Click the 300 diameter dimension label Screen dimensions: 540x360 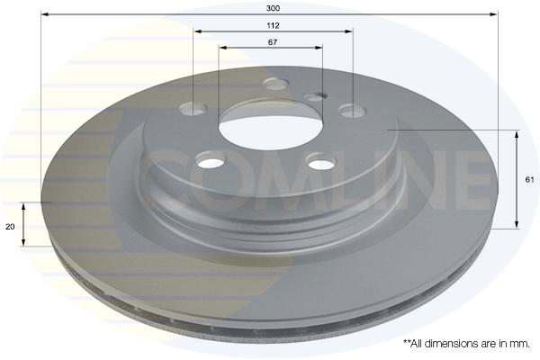tap(273, 8)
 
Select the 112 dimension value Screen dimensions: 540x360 tap(273, 25)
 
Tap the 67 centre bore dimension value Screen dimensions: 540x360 tap(273, 42)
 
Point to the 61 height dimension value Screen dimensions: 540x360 tap(529, 179)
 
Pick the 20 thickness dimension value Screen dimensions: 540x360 tap(10, 227)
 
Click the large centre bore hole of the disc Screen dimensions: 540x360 tap(271, 129)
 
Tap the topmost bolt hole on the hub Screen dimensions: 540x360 tap(275, 84)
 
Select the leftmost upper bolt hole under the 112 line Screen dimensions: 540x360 tap(193, 108)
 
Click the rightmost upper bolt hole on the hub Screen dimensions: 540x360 tap(352, 111)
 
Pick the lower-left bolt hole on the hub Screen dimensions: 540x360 tap(210, 159)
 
